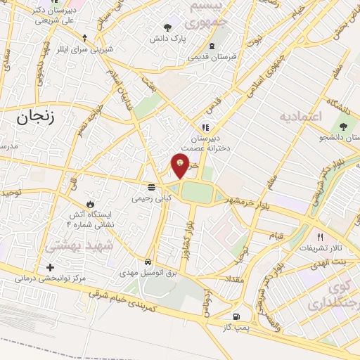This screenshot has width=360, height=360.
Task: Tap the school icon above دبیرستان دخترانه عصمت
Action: tap(205, 127)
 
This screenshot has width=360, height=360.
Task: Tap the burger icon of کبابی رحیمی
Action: tap(151, 187)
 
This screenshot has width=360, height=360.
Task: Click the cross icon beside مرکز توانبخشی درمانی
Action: tap(49, 268)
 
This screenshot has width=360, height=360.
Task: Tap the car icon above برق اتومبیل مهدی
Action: tap(148, 259)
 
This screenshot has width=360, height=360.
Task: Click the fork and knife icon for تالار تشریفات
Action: tap(321, 237)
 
